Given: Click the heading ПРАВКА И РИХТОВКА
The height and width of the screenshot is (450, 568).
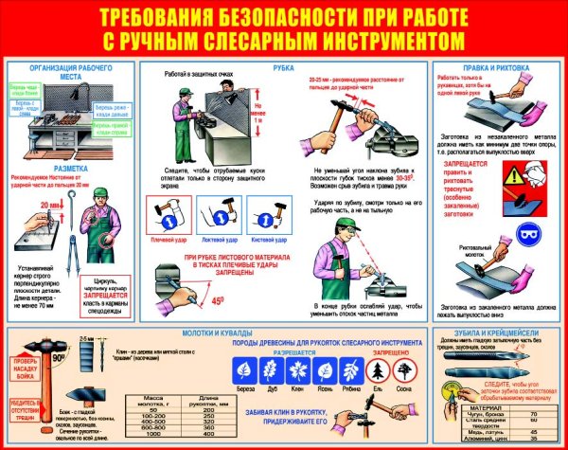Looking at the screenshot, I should click(497, 68).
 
